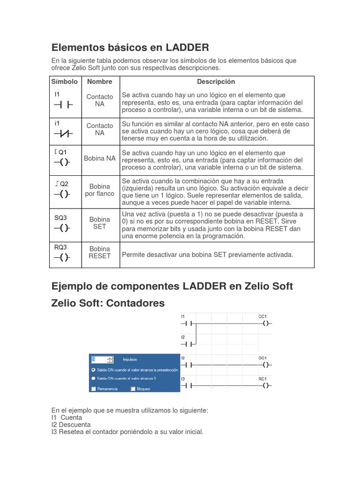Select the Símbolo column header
pyautogui.click(x=65, y=82)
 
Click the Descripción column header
pyautogui.click(x=216, y=82)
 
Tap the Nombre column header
pyautogui.click(x=100, y=82)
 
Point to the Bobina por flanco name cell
pyautogui.click(x=100, y=190)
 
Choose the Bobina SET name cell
pyautogui.click(x=100, y=223)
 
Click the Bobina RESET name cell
pyautogui.click(x=100, y=253)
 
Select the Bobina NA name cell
pyautogui.click(x=100, y=158)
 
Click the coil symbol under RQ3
pyautogui.click(x=62, y=257)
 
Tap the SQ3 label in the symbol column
pyautogui.click(x=60, y=218)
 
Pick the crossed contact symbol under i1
pyautogui.click(x=62, y=134)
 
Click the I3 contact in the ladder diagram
pyautogui.click(x=187, y=385)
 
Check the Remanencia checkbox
pyautogui.click(x=94, y=389)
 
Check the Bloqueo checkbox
pyautogui.click(x=133, y=389)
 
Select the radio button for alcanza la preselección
pyautogui.click(x=94, y=370)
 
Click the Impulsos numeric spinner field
pyautogui.click(x=102, y=360)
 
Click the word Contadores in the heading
pyautogui.click(x=135, y=303)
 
